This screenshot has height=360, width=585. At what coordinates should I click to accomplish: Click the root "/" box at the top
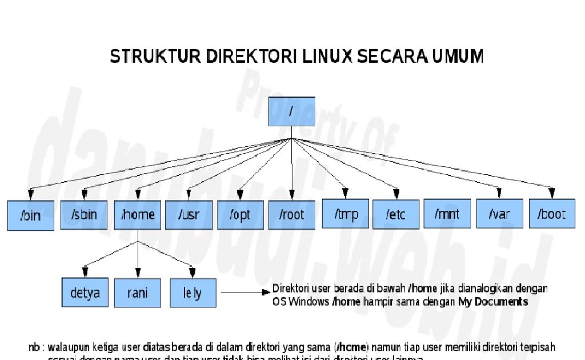292,111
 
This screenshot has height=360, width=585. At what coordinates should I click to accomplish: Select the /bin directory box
31,215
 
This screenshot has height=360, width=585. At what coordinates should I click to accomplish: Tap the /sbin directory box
84,215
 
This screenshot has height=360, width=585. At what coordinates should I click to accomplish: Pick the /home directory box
138,215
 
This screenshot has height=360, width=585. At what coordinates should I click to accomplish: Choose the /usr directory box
189,215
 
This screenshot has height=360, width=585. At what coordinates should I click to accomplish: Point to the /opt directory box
241,215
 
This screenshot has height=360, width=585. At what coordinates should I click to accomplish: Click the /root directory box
292,215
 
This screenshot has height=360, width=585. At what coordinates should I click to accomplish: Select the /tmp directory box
345,214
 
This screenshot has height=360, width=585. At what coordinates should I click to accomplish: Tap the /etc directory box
396,214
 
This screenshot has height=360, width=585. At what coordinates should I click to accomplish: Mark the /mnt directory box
447,214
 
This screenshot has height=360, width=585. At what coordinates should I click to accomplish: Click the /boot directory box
551,214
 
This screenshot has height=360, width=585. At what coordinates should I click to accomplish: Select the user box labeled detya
85,293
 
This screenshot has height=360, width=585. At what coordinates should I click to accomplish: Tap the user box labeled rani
138,293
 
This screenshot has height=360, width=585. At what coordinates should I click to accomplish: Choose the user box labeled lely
193,293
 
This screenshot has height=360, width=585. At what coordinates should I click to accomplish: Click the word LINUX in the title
328,56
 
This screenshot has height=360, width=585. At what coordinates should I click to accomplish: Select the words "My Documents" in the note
493,301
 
